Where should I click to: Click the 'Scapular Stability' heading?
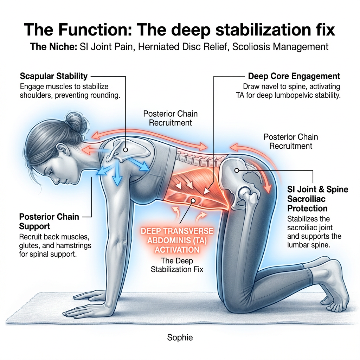[53, 76]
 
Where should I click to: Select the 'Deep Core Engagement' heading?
[294, 76]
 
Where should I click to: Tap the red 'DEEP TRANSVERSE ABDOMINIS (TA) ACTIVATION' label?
[177, 240]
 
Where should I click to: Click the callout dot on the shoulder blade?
[125, 150]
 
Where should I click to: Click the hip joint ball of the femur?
[245, 193]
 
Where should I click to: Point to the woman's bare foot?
[334, 288]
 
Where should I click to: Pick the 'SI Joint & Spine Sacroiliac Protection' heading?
[317, 199]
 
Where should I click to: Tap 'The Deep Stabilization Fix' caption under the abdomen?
[177, 265]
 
